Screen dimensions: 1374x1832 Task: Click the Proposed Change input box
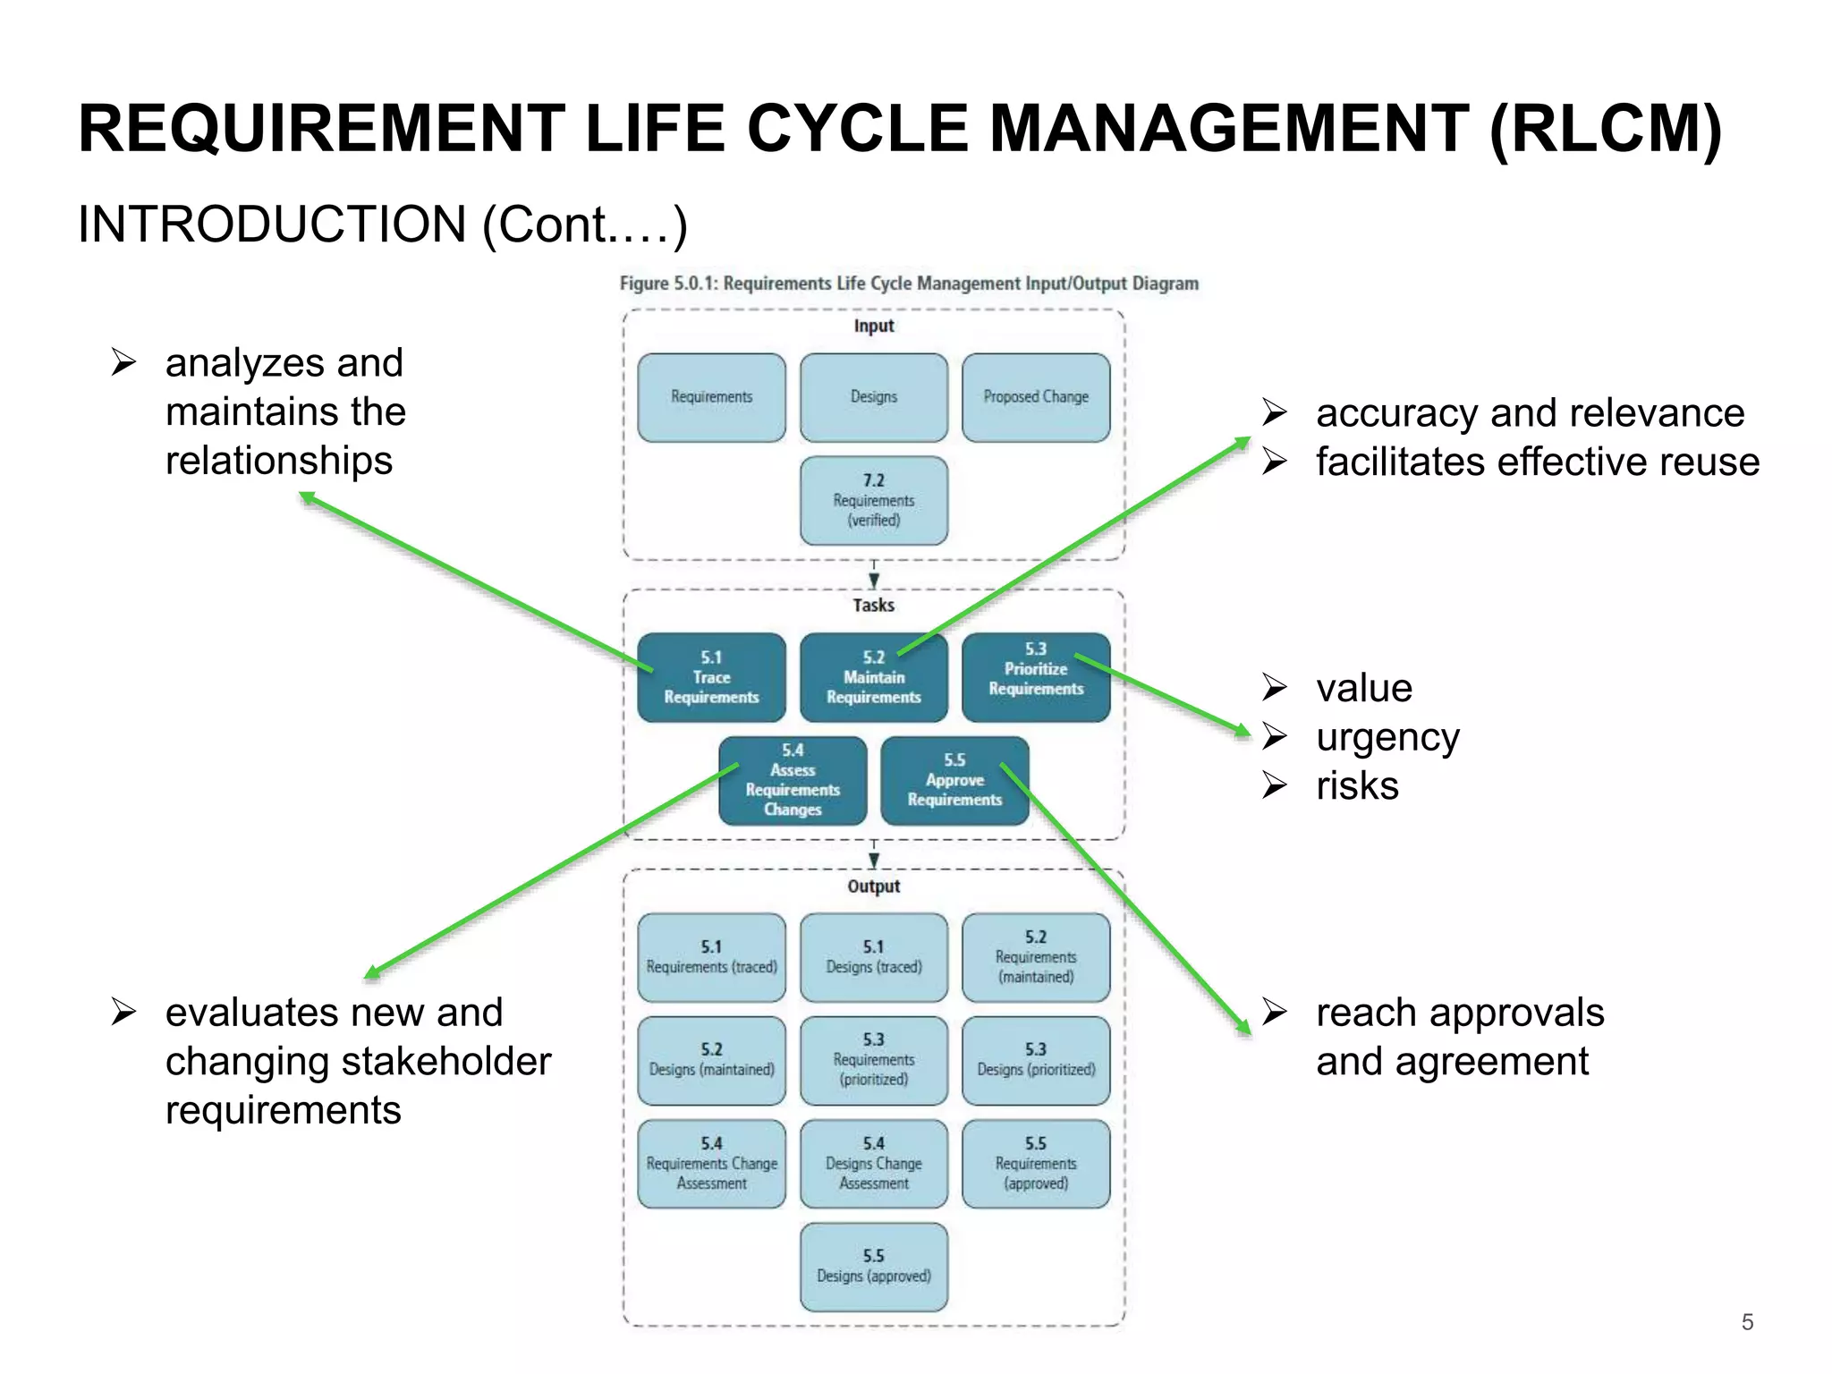1036,397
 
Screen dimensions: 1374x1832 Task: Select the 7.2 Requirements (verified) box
874,501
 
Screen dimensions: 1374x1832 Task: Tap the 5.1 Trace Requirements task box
711,678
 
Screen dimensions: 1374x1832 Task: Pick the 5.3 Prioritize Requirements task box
1036,678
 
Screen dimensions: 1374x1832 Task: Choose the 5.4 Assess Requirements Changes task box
793,781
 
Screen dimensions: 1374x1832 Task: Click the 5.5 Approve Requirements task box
954,781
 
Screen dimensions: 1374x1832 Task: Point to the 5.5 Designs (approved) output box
874,1267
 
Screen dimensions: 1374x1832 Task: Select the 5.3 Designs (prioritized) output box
1036,1061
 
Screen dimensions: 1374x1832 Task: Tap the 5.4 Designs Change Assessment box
874,1164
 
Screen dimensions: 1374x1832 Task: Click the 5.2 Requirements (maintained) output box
1036,957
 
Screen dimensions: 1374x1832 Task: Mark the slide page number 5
1747,1322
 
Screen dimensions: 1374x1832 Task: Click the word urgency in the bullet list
1387,737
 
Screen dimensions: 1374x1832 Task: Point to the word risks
1357,786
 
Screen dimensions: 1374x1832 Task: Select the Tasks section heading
874,606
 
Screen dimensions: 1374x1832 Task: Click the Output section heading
874,886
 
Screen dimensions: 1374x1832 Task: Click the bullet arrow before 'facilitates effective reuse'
1274,462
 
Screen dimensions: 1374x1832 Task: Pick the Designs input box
874,397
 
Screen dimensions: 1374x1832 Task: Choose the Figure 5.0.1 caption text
909,284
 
